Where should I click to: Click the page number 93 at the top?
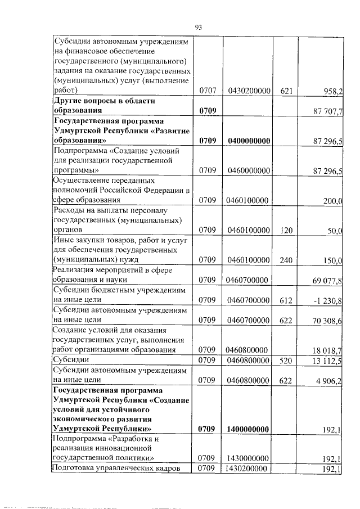coord(198,27)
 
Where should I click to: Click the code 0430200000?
coord(247,90)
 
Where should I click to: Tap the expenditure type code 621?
coord(286,90)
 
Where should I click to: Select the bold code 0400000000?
coord(247,141)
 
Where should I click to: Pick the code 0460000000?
coord(247,170)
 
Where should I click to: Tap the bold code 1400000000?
coord(247,429)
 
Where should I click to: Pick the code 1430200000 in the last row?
coord(247,469)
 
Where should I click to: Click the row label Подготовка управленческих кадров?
coord(116,469)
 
